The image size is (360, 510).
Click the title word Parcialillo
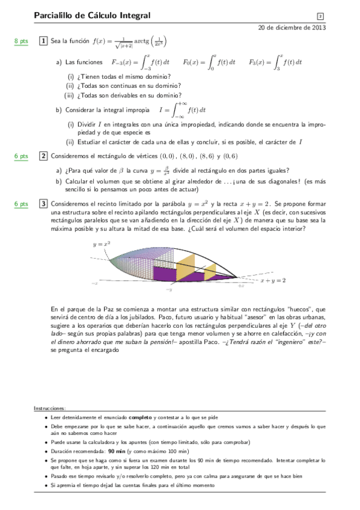(53, 16)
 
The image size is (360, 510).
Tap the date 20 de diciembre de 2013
(292, 28)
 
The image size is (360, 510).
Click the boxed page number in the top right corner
(320, 16)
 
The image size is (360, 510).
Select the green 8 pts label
(21, 41)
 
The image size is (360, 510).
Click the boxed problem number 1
(43, 41)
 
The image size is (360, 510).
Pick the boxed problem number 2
(43, 156)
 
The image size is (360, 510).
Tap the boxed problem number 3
(43, 204)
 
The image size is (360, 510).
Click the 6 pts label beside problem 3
(21, 204)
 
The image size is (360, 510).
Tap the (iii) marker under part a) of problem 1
(69, 95)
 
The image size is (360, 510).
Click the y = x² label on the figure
(101, 245)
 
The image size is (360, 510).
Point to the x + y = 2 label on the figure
(272, 280)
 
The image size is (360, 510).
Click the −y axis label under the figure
(169, 290)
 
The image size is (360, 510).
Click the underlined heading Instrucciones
(50, 408)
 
